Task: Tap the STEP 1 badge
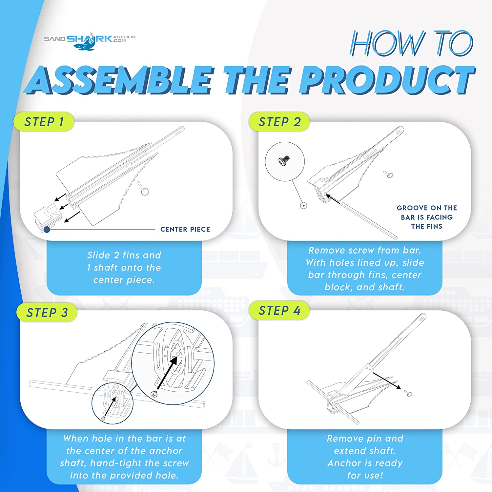point(44,122)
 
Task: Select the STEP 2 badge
point(279,122)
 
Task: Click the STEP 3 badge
point(47,313)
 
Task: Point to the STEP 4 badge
point(279,311)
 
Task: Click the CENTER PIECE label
point(185,229)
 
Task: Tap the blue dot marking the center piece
point(47,230)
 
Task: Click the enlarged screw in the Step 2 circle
point(284,160)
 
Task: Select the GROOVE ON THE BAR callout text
point(427,217)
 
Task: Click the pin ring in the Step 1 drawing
point(145,191)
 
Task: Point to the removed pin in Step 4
point(409,393)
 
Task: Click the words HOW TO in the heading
point(412,44)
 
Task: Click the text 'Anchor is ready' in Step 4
point(365,463)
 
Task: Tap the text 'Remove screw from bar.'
point(365,250)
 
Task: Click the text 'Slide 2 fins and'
point(124,255)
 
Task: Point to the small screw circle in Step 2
point(304,206)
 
